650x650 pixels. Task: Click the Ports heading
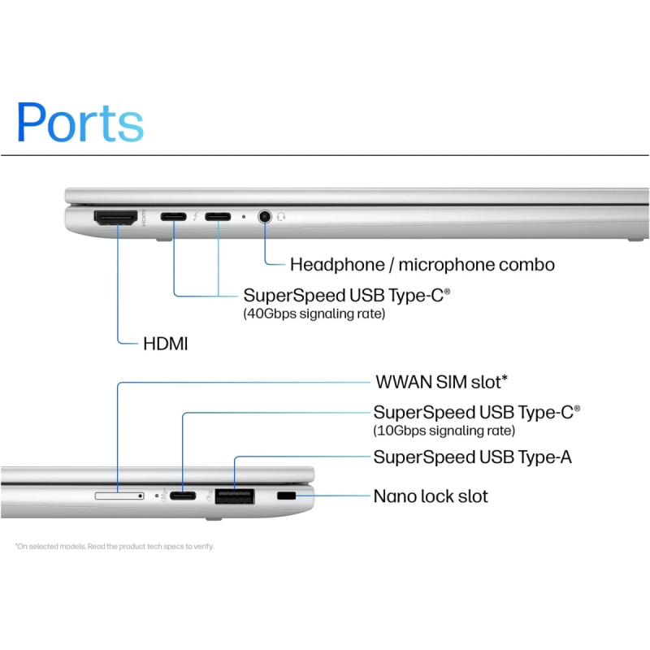pyautogui.click(x=80, y=122)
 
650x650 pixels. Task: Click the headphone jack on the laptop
pyautogui.click(x=265, y=217)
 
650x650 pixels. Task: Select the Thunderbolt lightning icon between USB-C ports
pyautogui.click(x=195, y=217)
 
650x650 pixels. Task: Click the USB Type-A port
pyautogui.click(x=234, y=495)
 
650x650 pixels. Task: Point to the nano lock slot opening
pyautogui.click(x=286, y=495)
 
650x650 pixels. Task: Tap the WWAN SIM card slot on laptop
pyautogui.click(x=119, y=495)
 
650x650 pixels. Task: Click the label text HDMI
pyautogui.click(x=165, y=344)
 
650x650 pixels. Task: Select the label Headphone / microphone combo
pyautogui.click(x=422, y=264)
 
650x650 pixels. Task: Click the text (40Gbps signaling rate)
pyautogui.click(x=314, y=313)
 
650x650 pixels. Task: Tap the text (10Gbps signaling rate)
pyautogui.click(x=444, y=430)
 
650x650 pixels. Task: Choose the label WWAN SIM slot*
pyautogui.click(x=442, y=382)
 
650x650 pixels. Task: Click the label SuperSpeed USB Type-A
pyautogui.click(x=472, y=457)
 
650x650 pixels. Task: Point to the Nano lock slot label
pyautogui.click(x=431, y=496)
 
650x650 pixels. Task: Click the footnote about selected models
pyautogui.click(x=114, y=546)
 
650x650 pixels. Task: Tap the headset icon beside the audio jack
pyautogui.click(x=282, y=217)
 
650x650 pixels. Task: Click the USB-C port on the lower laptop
pyautogui.click(x=183, y=496)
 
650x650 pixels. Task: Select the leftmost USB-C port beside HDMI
pyautogui.click(x=173, y=217)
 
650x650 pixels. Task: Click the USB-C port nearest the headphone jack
pyautogui.click(x=218, y=217)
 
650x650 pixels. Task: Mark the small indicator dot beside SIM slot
pyautogui.click(x=156, y=495)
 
